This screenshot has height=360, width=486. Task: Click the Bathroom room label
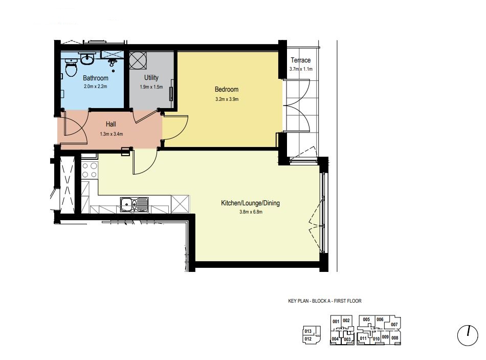[x=96, y=78]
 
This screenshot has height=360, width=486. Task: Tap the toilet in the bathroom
[x=71, y=69]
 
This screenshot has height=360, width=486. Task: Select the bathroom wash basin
[x=87, y=59]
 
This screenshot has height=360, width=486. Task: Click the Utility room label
[x=151, y=78]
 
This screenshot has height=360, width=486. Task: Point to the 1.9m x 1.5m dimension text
[x=151, y=87]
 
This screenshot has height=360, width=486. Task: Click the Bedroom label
[x=227, y=90]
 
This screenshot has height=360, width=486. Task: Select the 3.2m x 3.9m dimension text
[x=227, y=99]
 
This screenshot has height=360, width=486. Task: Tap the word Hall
[x=111, y=124]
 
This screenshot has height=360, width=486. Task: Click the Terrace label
[x=301, y=60]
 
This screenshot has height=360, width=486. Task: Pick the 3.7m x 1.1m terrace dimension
[x=301, y=69]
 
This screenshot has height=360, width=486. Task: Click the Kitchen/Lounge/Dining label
[x=251, y=203]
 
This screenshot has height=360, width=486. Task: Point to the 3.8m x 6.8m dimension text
[x=251, y=212]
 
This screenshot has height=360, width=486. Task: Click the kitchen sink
[x=134, y=204]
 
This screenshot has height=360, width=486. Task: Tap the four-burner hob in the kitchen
[x=89, y=170]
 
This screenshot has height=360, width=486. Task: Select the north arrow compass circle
[x=468, y=335]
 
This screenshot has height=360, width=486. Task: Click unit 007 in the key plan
[x=394, y=325]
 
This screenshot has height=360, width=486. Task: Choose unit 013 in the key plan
[x=308, y=331]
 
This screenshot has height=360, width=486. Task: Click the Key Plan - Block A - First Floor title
[x=325, y=301]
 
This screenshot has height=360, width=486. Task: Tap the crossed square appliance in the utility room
[x=138, y=60]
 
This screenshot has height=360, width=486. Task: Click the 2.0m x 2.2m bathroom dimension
[x=96, y=87]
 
